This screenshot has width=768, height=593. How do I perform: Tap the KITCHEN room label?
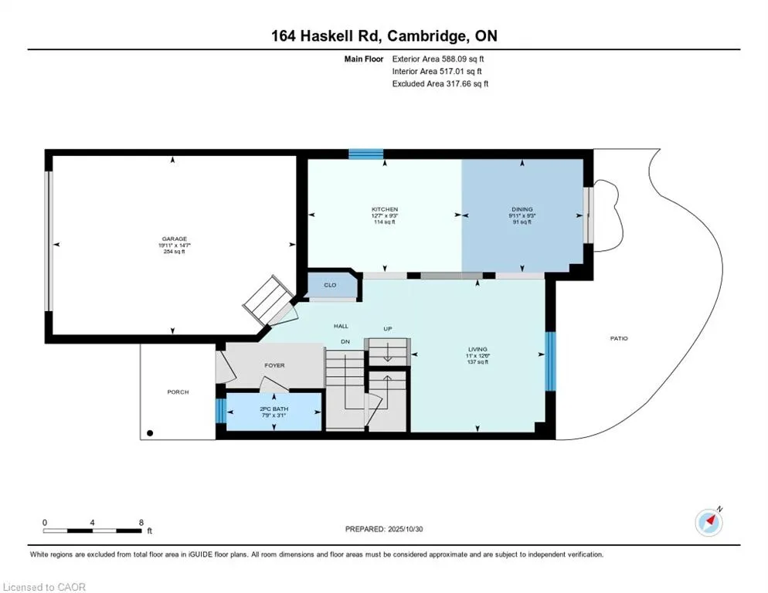tap(384, 209)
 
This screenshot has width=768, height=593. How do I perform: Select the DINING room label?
tap(522, 209)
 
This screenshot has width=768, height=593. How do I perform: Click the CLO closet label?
tap(330, 285)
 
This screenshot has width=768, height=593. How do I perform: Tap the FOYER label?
tap(275, 365)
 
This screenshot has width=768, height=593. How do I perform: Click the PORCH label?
tap(178, 392)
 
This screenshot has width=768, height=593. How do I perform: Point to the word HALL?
tap(341, 326)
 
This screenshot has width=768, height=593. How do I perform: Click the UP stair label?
tap(388, 329)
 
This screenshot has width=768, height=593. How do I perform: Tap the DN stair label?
tap(347, 342)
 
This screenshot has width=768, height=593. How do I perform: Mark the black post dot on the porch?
tap(151, 433)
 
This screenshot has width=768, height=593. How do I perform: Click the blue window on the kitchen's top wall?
tap(365, 154)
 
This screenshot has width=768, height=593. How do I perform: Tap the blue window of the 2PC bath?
tap(220, 411)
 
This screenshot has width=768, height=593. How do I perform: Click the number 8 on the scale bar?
tap(141, 523)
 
